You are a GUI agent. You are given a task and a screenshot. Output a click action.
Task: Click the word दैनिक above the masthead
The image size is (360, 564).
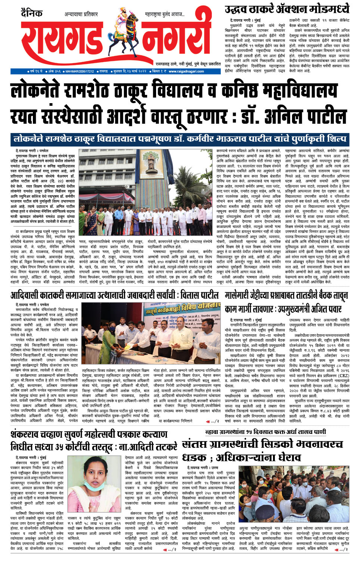32,14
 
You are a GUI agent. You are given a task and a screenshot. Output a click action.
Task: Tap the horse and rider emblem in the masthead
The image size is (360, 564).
126,41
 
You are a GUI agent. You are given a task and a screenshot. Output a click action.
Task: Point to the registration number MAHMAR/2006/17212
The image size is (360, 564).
80,71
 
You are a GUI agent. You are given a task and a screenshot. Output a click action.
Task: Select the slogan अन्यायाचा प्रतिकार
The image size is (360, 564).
81,15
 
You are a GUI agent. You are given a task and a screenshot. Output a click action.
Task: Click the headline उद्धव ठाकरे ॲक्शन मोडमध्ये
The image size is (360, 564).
287,9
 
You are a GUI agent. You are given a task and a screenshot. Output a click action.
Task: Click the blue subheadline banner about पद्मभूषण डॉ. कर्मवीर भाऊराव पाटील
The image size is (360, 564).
180,139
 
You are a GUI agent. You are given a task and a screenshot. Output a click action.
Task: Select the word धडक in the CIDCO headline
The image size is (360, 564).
195,457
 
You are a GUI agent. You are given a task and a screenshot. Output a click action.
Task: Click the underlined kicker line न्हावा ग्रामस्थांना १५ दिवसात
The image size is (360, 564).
266,432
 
